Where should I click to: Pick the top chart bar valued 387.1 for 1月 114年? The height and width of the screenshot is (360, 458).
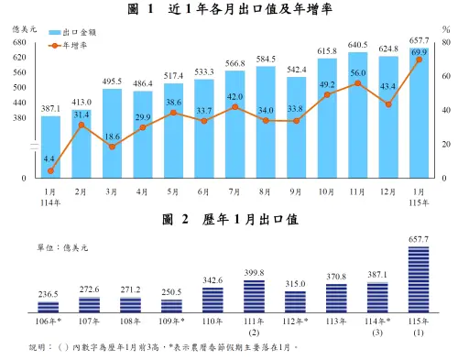[51, 147]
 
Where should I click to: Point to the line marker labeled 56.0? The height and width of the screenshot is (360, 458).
[357, 83]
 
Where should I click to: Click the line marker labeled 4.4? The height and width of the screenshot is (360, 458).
[51, 171]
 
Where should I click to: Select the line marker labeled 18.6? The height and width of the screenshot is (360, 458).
[113, 147]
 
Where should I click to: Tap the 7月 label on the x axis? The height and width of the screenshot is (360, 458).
[234, 191]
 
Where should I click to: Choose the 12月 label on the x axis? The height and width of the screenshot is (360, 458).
[387, 191]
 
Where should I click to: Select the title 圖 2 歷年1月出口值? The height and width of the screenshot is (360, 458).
[228, 220]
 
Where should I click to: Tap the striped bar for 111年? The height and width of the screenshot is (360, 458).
[254, 297]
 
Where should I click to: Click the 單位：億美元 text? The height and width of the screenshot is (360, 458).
[62, 247]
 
